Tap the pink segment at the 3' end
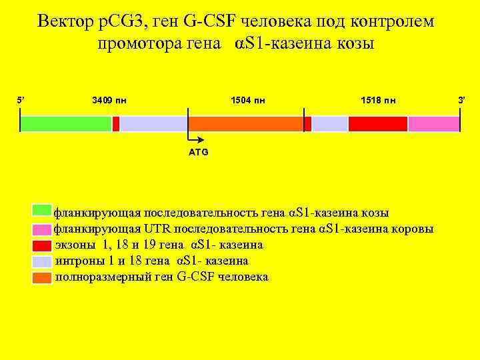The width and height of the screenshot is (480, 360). (x=433, y=124)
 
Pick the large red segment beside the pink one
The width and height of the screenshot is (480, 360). (x=377, y=124)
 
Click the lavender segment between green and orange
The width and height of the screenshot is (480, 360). (x=153, y=124)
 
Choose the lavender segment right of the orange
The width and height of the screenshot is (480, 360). (x=330, y=124)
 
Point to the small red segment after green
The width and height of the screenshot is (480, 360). (x=116, y=124)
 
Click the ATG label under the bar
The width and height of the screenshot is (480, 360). (x=199, y=152)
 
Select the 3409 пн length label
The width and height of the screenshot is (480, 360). (x=109, y=101)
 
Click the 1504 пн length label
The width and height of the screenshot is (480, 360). (x=247, y=101)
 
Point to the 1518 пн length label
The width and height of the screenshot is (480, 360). (x=377, y=101)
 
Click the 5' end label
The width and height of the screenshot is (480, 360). (x=20, y=101)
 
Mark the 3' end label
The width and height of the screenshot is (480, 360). (x=460, y=101)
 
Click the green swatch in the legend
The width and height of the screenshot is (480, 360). (x=42, y=211)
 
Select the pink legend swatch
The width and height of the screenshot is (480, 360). (x=42, y=229)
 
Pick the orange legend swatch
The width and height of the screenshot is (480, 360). (x=42, y=277)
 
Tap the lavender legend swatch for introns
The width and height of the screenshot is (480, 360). (x=42, y=261)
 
